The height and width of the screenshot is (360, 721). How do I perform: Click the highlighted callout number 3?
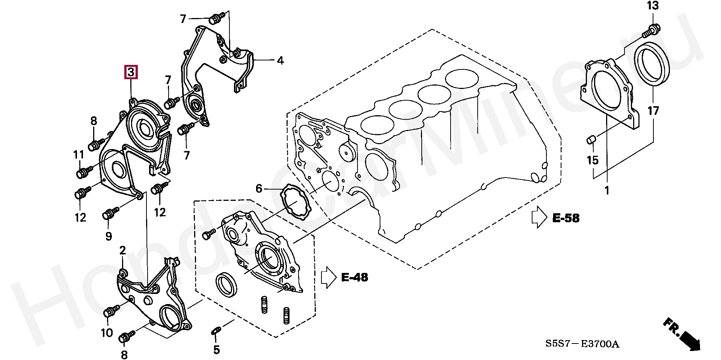131,72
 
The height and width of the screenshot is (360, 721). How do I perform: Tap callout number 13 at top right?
653,6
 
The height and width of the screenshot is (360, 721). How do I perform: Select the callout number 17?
653,111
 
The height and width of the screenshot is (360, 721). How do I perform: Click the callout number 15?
593,160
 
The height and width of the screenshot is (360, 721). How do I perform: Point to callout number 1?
607,190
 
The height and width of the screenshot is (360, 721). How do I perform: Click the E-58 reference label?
566,218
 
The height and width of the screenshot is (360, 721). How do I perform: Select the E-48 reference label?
354,277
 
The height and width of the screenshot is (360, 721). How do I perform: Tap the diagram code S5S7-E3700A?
582,344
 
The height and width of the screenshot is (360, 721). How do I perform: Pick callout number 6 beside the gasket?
259,188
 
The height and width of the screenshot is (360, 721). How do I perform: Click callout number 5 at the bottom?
216,350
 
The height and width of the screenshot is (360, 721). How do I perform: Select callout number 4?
280,60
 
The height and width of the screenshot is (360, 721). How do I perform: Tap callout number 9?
109,236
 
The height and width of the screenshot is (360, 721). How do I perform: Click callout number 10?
107,333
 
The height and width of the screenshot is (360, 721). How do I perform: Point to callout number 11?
78,155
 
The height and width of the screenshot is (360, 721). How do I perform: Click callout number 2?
123,250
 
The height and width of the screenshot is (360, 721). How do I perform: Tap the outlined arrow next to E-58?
539,217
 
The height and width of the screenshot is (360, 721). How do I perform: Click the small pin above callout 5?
216,330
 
